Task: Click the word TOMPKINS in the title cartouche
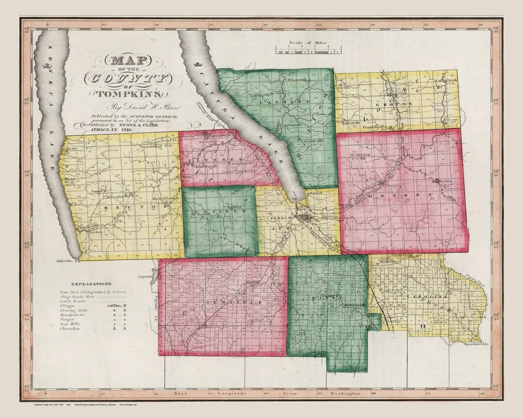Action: tap(126, 93)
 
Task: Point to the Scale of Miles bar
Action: tap(308, 49)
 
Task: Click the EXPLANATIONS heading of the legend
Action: tap(91, 284)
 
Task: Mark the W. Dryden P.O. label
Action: tap(357, 156)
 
